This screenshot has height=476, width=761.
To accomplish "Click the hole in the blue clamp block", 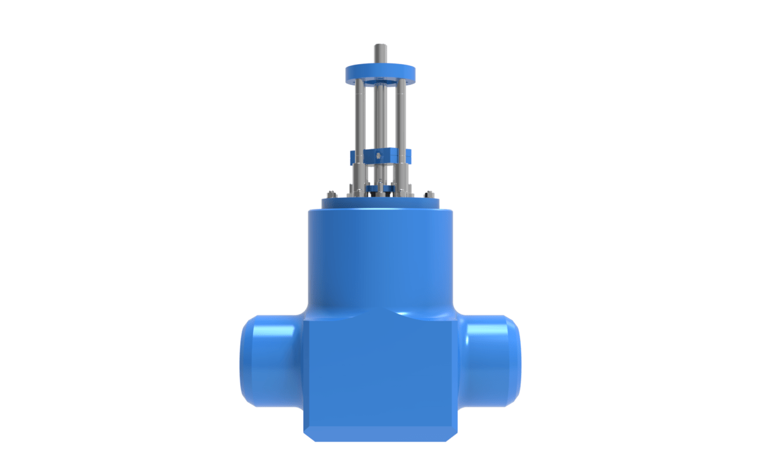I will click(x=379, y=155).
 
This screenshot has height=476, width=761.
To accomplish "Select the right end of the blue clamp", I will click(x=407, y=156).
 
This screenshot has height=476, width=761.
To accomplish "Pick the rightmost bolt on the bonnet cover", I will click(x=429, y=194).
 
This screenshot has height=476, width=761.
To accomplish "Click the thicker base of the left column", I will click(x=359, y=175).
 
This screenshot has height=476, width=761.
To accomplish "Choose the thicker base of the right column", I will click(x=400, y=175).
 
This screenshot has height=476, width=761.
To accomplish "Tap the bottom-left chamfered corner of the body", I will click(x=307, y=433).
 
